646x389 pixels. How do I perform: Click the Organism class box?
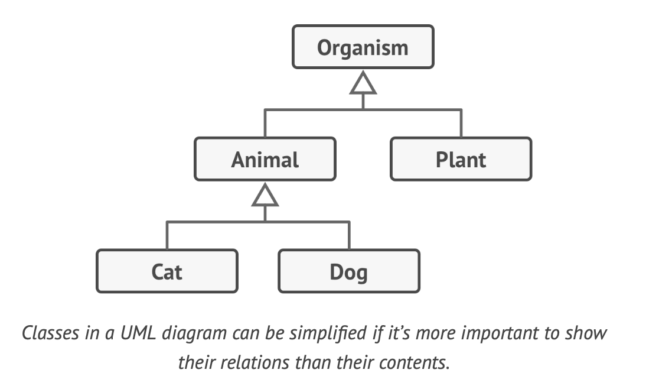coord(363,47)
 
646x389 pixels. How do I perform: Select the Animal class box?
coord(265,159)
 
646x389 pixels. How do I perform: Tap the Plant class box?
coord(461,159)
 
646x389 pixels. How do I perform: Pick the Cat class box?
coord(167,271)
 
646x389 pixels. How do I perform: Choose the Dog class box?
coord(348,271)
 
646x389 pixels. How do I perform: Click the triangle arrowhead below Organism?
coord(363,85)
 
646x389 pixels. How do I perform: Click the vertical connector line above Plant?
coord(461,124)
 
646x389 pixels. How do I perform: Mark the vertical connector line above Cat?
coord(167,235)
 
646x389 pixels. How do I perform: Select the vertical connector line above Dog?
coord(349,235)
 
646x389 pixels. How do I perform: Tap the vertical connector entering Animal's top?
coord(265,124)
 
